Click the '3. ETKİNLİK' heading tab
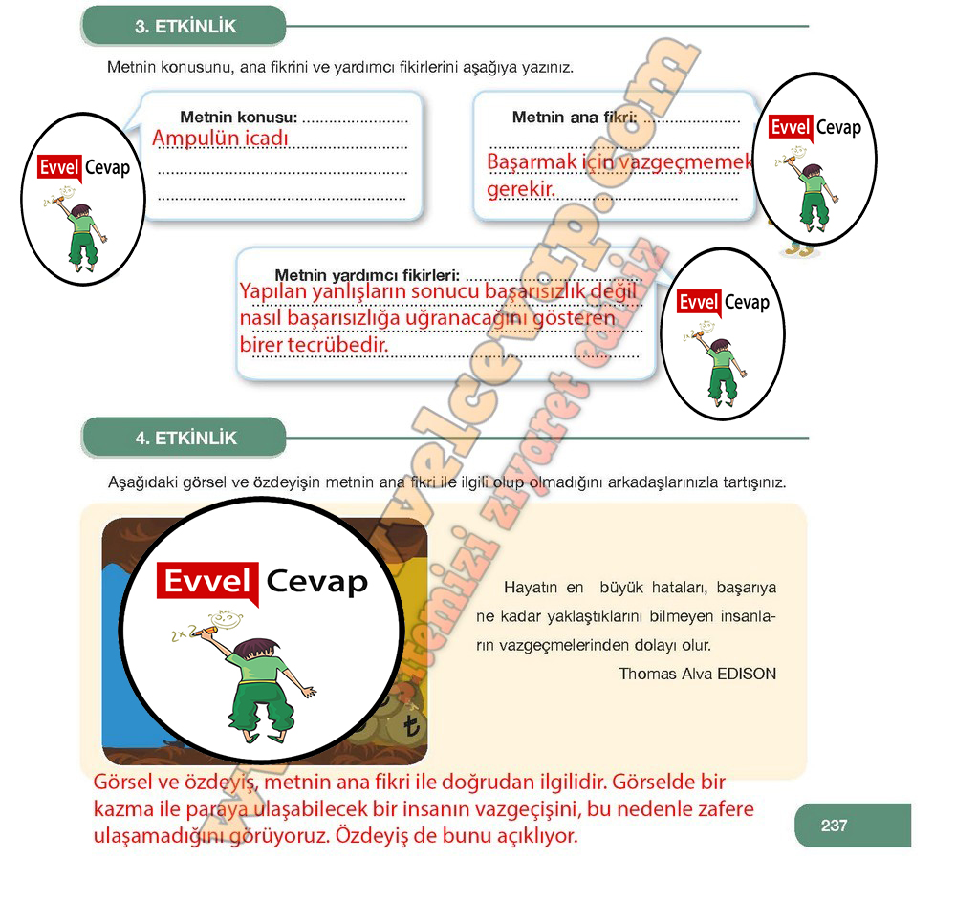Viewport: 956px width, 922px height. [184, 27]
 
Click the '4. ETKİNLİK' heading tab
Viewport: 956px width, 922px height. [184, 439]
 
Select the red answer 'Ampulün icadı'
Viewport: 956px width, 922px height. [220, 139]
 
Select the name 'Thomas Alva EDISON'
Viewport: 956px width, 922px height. [697, 674]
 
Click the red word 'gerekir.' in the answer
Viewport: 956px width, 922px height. [521, 189]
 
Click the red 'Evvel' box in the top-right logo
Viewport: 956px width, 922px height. [790, 128]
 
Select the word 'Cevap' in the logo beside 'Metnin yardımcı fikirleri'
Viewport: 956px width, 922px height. [747, 302]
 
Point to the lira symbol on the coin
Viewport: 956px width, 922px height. [411, 729]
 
